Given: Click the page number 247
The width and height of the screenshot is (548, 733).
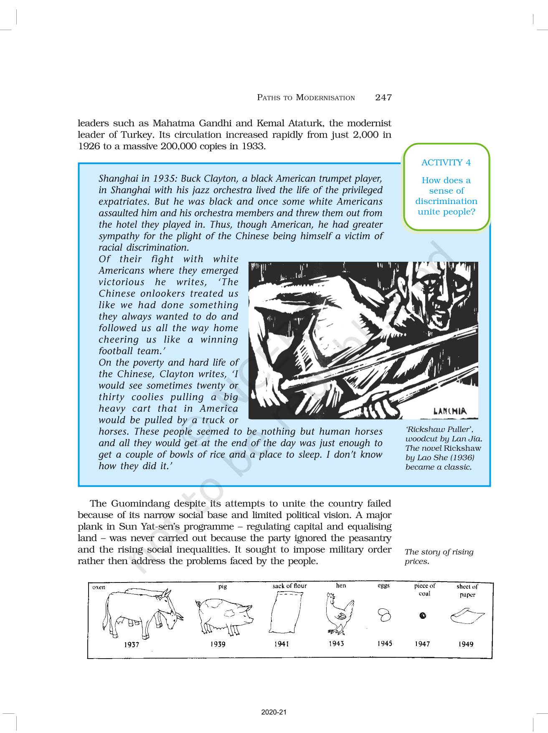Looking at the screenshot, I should pyautogui.click(x=383, y=97).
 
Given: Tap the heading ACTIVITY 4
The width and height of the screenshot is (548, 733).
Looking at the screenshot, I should pyautogui.click(x=446, y=163).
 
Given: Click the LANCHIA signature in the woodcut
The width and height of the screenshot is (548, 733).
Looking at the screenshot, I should pyautogui.click(x=449, y=411).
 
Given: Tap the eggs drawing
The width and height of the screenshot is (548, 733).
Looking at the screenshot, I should pyautogui.click(x=384, y=615).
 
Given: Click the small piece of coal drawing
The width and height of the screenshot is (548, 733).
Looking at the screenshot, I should pyautogui.click(x=423, y=616).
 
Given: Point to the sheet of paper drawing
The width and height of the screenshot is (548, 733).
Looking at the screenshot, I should pyautogui.click(x=467, y=616).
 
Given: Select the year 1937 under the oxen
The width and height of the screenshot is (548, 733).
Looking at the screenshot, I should pyautogui.click(x=131, y=645).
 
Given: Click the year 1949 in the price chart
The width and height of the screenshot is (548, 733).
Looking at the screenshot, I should pyautogui.click(x=465, y=644).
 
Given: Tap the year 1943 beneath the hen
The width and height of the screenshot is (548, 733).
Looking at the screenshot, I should pyautogui.click(x=336, y=644).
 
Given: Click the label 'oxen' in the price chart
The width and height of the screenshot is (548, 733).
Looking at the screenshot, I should pyautogui.click(x=99, y=587).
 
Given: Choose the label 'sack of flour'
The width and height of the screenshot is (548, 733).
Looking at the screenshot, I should pyautogui.click(x=289, y=586).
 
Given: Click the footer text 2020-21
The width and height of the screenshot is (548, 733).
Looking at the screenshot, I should pyautogui.click(x=274, y=712).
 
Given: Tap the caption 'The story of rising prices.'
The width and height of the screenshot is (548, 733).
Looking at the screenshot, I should pyautogui.click(x=439, y=556).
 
